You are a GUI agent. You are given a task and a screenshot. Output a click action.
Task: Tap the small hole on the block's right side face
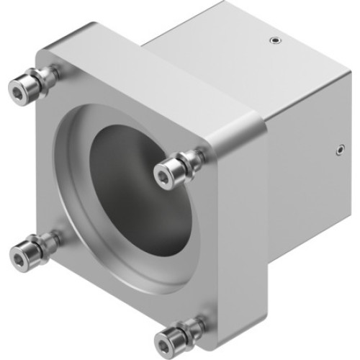coord(338,150)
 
